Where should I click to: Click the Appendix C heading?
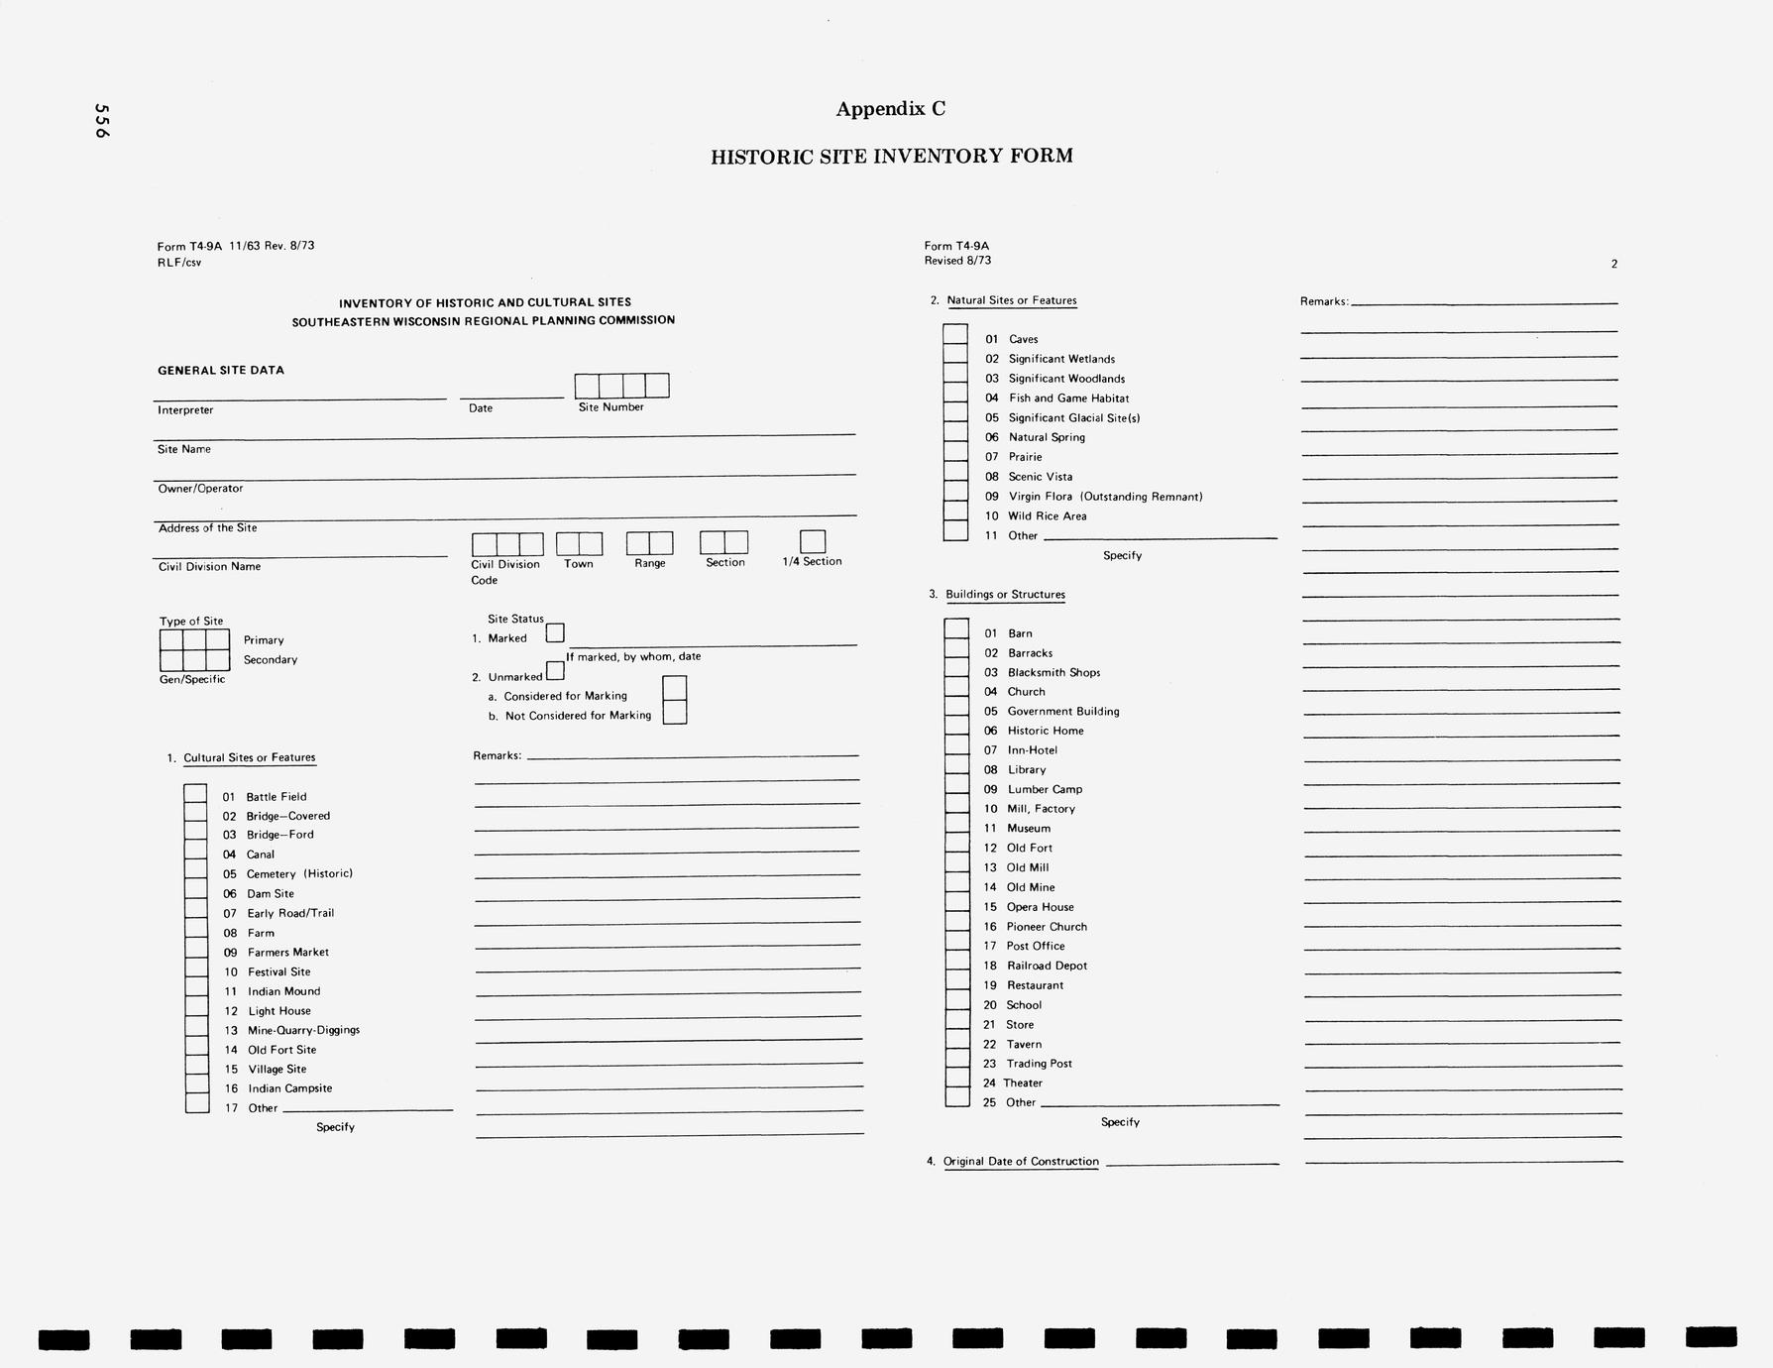(890, 109)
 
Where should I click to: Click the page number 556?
(101, 121)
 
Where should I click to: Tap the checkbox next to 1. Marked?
(555, 632)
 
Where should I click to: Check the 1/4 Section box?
(813, 541)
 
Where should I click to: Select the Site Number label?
(610, 407)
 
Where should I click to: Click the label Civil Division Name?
(209, 567)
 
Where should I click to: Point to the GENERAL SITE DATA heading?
(221, 371)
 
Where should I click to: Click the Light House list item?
(279, 1011)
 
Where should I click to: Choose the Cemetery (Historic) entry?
(299, 874)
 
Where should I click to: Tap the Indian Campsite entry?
(289, 1088)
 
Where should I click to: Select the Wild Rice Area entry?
(1047, 516)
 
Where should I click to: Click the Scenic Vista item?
(1040, 477)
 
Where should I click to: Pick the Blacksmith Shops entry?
(1053, 673)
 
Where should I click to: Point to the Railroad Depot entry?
(1047, 966)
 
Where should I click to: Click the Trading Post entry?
(1039, 1064)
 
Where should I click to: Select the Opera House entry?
(1040, 907)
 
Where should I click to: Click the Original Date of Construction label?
(1021, 1162)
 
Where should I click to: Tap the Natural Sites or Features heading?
(1011, 300)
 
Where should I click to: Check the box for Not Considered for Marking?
(674, 713)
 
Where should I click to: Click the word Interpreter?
(185, 410)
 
